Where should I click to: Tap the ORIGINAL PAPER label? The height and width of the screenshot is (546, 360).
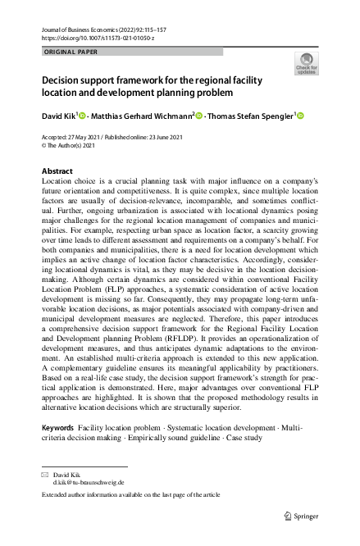pos(72,52)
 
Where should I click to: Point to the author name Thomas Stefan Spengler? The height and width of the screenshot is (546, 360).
pos(250,116)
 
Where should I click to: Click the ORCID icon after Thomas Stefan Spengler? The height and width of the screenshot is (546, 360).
pos(300,115)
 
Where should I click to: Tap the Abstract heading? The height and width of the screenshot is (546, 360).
pos(57,171)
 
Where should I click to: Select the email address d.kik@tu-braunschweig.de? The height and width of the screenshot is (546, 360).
pos(88,482)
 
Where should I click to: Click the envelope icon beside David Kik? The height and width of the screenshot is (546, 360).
pos(44,474)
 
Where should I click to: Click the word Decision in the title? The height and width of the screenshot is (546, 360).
pos(66,82)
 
